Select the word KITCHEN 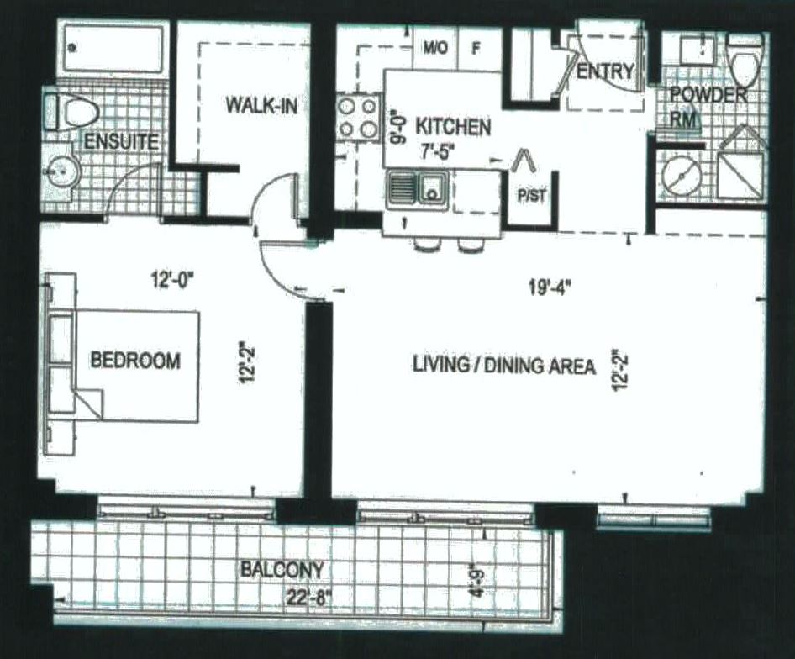click(x=454, y=128)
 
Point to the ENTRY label click(x=604, y=72)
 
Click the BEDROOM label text click(x=134, y=361)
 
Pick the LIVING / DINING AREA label click(x=504, y=366)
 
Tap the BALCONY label click(x=282, y=569)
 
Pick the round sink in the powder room click(x=682, y=175)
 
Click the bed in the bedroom click(x=134, y=366)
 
